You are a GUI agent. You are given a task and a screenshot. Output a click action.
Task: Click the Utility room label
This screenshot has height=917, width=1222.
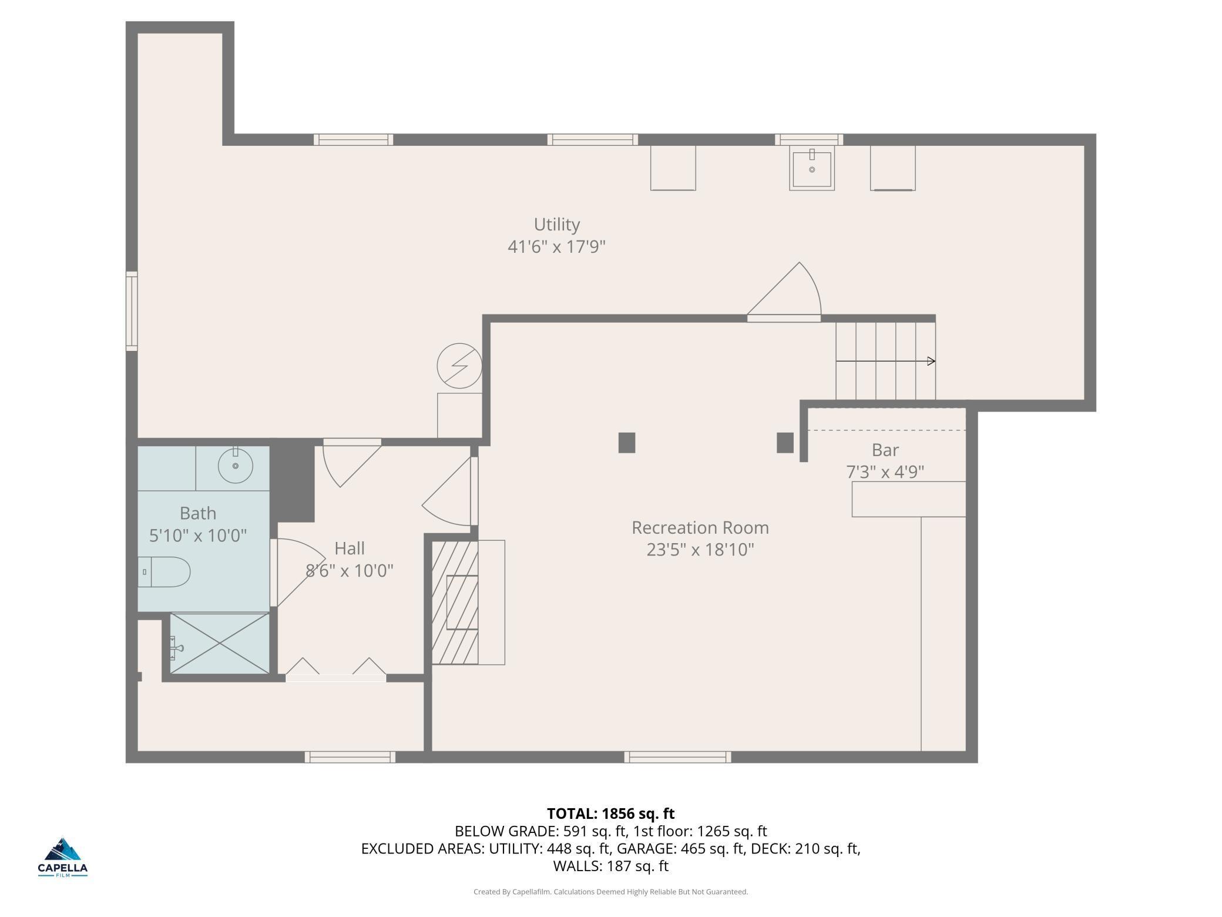tap(556, 225)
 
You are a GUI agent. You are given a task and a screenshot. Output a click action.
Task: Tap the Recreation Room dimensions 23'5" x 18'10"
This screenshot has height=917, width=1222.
tap(700, 550)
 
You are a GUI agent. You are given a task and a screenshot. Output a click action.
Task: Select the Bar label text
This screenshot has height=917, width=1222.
tap(885, 450)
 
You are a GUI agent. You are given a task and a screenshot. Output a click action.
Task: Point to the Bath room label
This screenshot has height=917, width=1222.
tap(198, 513)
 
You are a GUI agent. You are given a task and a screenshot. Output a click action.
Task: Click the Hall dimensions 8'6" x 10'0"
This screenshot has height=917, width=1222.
tap(350, 570)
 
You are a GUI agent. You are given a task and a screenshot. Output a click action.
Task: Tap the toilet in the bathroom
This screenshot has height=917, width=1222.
tap(164, 572)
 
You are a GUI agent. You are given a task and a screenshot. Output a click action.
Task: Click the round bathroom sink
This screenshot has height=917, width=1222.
tap(235, 466)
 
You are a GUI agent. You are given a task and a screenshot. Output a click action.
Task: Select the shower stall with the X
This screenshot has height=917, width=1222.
tap(220, 643)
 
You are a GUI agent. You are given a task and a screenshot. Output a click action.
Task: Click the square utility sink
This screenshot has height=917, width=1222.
tap(812, 169)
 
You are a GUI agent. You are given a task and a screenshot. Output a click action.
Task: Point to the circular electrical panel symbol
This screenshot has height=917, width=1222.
tap(459, 366)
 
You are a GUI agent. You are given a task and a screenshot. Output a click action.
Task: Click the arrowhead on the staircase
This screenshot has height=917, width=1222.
tap(931, 361)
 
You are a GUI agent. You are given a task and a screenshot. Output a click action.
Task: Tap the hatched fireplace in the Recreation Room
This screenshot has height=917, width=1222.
tap(455, 603)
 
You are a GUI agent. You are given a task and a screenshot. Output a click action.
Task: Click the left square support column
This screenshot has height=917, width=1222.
tap(627, 443)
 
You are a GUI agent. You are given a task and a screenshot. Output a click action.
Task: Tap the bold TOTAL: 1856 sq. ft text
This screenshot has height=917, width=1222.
tap(611, 814)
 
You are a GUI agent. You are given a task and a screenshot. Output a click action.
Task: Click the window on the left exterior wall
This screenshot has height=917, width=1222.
tap(132, 312)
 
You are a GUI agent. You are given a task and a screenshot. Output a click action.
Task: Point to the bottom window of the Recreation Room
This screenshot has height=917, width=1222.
tap(678, 757)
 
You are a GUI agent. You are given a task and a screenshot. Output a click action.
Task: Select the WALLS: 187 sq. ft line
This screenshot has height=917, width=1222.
tap(611, 866)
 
